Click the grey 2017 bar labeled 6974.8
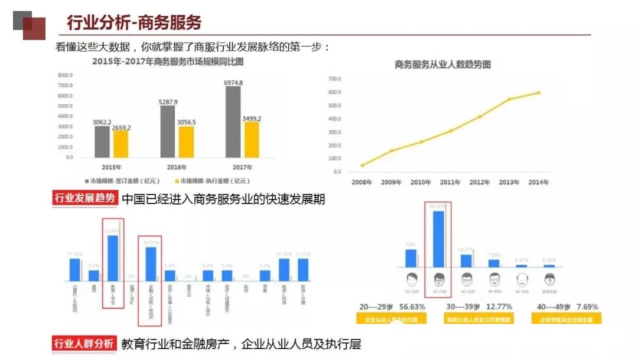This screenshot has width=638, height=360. point(233,122)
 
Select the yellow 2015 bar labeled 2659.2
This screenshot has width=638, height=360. point(121,144)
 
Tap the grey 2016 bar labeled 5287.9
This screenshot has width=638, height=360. point(168,132)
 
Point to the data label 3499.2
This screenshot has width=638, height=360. point(252,119)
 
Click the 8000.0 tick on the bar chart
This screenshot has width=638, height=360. point(65,76)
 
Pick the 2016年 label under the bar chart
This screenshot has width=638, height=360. point(177,167)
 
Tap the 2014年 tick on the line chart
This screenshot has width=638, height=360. point(538,182)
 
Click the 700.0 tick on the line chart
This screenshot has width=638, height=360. point(334,79)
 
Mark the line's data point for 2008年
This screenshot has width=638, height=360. point(362,165)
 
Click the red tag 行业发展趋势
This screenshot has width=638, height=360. point(85,199)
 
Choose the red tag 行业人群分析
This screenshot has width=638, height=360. point(85,343)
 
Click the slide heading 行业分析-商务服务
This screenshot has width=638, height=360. point(134,22)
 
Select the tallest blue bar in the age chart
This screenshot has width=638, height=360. point(438,239)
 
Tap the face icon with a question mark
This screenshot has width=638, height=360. point(549,279)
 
